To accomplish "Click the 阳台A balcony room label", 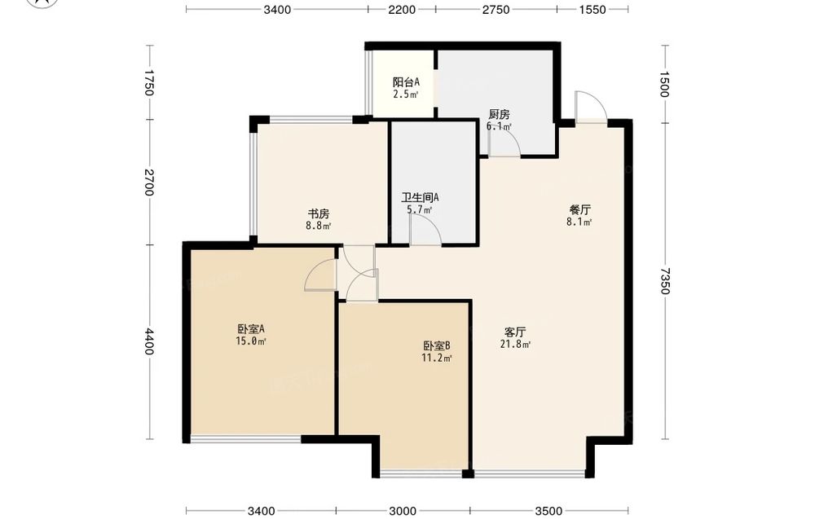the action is coord(406,82).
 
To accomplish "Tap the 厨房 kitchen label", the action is coord(499,114).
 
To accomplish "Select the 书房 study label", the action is coord(319,213).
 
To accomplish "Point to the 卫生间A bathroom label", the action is coord(420,197).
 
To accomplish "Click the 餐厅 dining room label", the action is coord(579,210).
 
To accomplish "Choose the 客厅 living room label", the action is coord(515,332).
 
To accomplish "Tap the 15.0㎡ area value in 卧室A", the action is coord(251,341).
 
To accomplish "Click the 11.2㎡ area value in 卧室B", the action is coord(437,358).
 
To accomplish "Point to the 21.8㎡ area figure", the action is coord(515,344).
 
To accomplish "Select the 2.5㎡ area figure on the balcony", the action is coord(406,95).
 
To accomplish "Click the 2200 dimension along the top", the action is coord(402,9).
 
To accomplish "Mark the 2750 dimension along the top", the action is coord(496,9).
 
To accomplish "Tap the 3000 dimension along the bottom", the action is coord(403,511).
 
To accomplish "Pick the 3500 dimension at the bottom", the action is coord(548,511).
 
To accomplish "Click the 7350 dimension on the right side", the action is coord(665,281).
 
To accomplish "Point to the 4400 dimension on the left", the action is coord(149,341).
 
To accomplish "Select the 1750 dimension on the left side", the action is coord(149,83).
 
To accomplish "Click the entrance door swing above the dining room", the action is coord(591,107).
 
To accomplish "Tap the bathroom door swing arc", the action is coord(425,229).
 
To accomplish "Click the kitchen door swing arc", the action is coord(504,141).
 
